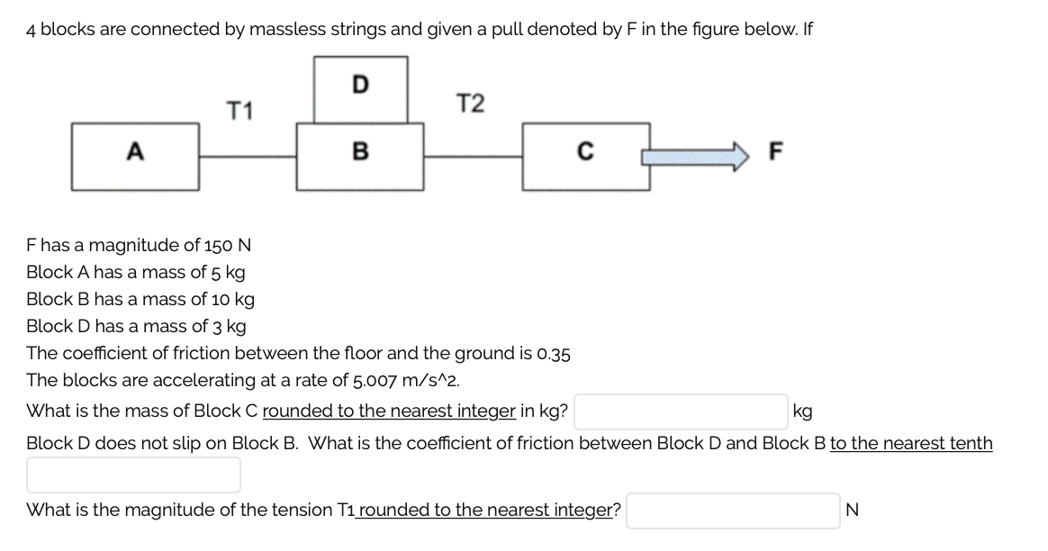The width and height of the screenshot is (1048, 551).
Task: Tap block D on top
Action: pos(359,88)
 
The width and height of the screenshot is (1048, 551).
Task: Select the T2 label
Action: pos(470,104)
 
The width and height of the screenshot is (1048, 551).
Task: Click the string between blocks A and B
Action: pos(248,156)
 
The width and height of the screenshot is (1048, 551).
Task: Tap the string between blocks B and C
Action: pos(473,156)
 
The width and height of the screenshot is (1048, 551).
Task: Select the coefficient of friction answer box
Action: pos(133,474)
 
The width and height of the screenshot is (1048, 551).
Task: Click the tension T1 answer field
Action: pos(734,510)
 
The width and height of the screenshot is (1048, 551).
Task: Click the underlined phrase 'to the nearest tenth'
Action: pos(911,443)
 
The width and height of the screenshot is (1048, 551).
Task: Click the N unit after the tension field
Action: pos(853,510)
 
